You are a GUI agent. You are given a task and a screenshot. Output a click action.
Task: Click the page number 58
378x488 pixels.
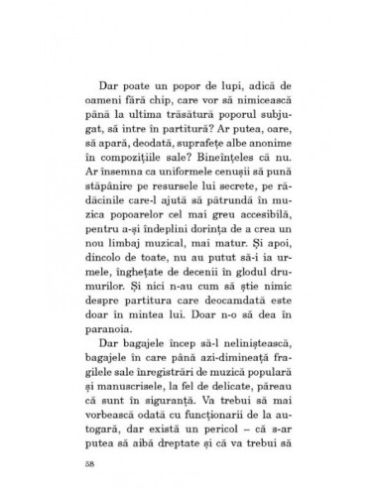[x=63, y=461]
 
